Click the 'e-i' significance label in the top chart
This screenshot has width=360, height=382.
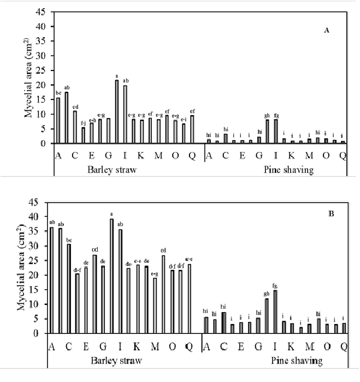184,119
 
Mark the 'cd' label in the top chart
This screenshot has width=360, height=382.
75,106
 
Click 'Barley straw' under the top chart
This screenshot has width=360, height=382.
112,169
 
